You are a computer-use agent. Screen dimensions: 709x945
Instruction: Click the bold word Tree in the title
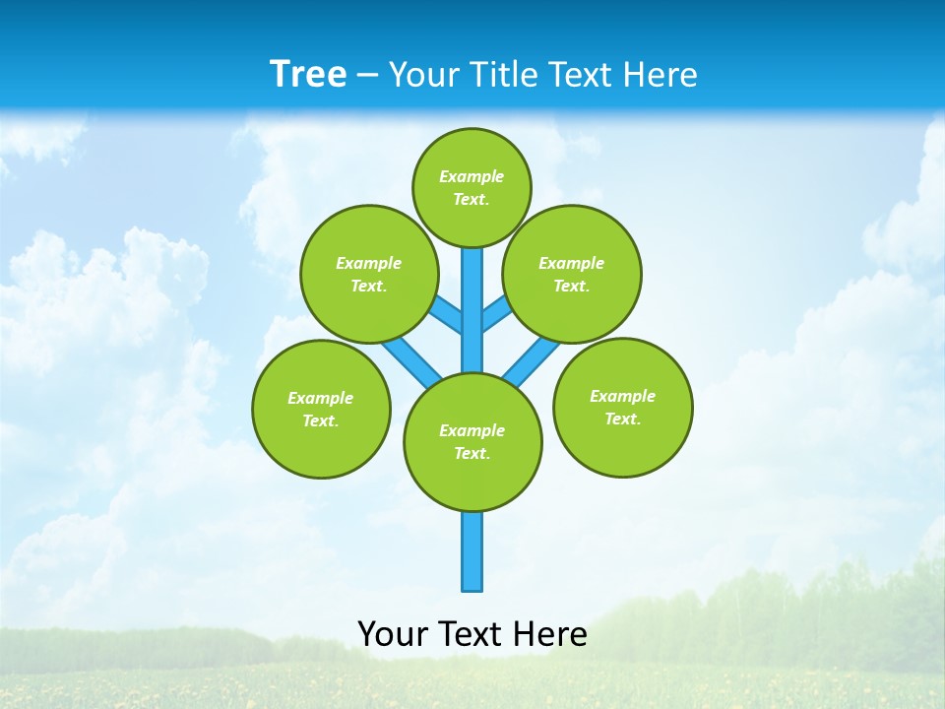point(308,75)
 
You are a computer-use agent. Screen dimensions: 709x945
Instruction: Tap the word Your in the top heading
point(425,75)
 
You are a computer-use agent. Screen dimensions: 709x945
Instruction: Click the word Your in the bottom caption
point(394,634)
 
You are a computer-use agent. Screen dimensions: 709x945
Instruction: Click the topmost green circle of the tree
point(472,187)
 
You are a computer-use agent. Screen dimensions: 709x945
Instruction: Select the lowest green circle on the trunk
point(472,441)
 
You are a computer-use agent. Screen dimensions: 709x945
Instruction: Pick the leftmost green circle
point(321,409)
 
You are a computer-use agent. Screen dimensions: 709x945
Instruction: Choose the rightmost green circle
point(622,407)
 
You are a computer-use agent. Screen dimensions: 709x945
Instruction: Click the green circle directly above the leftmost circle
point(368,274)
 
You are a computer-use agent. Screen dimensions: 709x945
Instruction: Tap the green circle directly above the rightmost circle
point(571,274)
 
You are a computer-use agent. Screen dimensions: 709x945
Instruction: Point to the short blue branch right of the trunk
point(496,314)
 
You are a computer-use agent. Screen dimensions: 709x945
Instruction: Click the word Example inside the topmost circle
point(472,176)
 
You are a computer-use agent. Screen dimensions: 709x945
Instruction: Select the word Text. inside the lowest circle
point(472,453)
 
